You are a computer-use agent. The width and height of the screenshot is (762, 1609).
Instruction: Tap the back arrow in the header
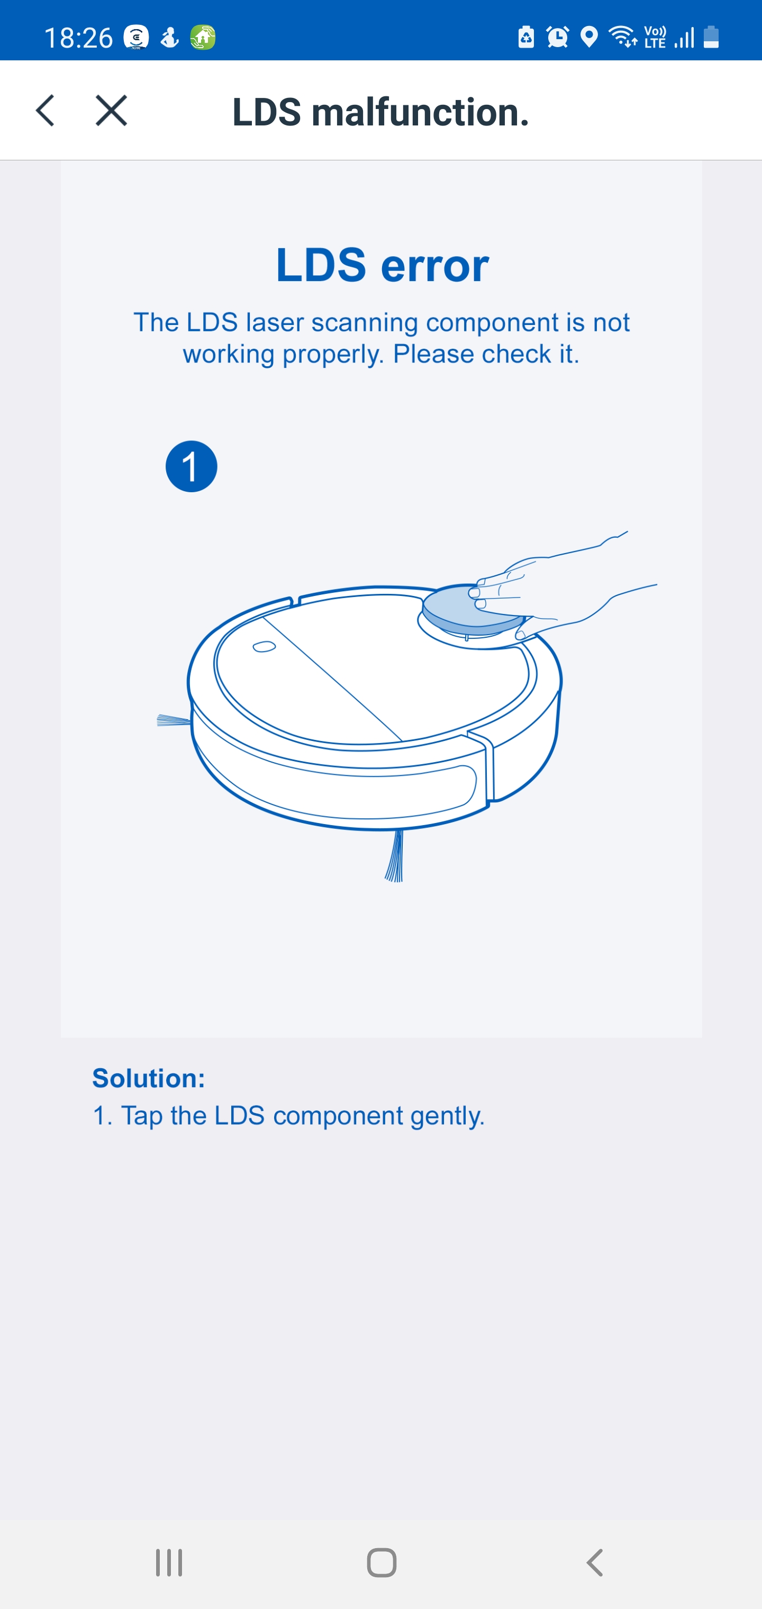pos(45,111)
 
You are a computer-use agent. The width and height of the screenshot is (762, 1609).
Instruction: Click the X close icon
pos(111,111)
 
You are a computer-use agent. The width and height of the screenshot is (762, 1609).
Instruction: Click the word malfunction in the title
pos(420,112)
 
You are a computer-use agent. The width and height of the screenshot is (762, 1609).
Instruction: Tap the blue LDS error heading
pos(382,265)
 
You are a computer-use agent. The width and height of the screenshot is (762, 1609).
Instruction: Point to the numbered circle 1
pos(191,467)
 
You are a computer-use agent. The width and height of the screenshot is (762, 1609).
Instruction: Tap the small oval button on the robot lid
pos(264,646)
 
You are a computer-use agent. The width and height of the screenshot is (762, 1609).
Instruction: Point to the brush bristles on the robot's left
pos(174,721)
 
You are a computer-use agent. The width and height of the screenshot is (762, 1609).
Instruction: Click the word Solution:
pos(149,1078)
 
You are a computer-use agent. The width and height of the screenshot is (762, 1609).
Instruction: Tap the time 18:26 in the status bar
pos(78,38)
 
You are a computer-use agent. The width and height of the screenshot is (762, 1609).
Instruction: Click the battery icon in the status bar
pos(711,37)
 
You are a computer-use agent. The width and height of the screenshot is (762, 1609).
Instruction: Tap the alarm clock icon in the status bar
pos(557,37)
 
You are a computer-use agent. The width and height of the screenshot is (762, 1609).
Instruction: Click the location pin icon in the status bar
pos(588,37)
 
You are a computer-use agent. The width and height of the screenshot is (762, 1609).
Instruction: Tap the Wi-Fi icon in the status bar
pos(623,37)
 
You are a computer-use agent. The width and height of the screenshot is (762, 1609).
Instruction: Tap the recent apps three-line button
pos(169,1563)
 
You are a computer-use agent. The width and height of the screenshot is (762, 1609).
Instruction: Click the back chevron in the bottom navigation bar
pos(595,1563)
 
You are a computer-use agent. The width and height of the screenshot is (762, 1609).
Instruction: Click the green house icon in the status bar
pos(203,38)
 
